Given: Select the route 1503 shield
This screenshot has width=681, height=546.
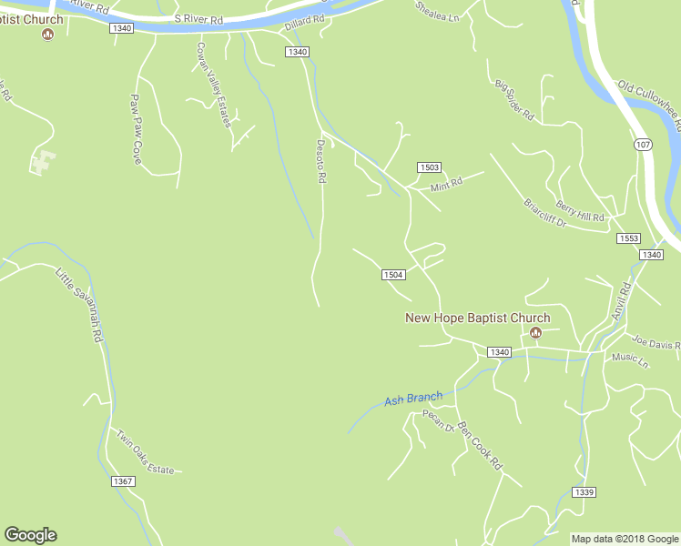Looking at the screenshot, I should (430, 167).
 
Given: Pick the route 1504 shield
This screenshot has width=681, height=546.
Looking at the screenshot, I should (392, 275).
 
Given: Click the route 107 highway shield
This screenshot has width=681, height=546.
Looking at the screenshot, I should (643, 145).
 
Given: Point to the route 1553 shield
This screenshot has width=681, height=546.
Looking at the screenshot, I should (628, 238).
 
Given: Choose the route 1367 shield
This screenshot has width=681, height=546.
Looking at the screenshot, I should (123, 480).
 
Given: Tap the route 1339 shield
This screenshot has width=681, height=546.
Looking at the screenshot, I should (584, 492).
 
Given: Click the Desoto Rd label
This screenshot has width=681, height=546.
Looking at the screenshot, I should (320, 162).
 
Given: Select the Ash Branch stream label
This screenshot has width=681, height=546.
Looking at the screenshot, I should (413, 398).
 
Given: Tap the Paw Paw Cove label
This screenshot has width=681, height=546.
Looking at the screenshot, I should (137, 129).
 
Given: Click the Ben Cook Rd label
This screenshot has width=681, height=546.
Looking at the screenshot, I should (480, 445).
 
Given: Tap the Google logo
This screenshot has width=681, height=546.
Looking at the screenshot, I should (30, 535).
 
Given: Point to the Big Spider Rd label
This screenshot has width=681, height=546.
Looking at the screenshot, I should (514, 99).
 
